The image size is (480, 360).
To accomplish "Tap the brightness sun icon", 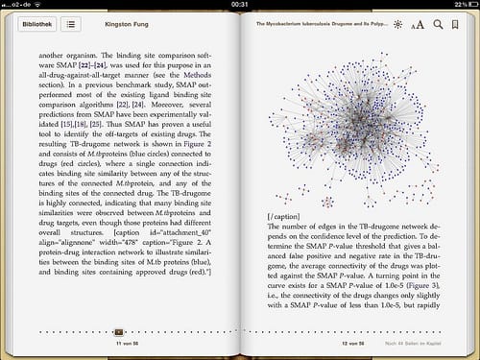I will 398,23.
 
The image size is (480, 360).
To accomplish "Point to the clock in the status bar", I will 240,5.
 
